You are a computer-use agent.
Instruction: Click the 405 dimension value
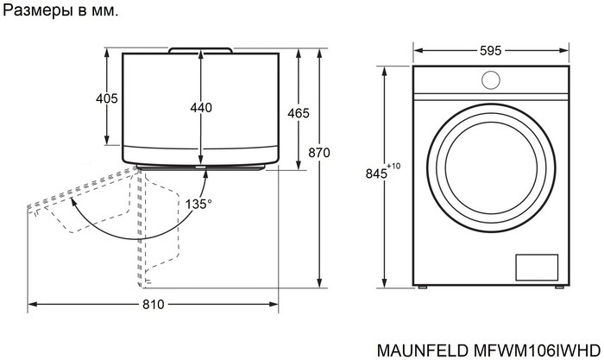click(x=106, y=99)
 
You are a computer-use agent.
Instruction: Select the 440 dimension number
click(x=200, y=108)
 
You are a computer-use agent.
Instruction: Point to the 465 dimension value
click(x=299, y=114)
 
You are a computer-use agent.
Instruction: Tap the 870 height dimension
click(x=319, y=153)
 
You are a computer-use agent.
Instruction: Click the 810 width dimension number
click(x=153, y=305)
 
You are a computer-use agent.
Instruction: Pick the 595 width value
click(x=490, y=50)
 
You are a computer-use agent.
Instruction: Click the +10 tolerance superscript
click(x=394, y=166)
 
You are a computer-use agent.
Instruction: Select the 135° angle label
click(x=198, y=204)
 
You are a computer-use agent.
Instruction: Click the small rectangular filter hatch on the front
click(x=537, y=268)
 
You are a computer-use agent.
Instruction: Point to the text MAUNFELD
click(x=421, y=350)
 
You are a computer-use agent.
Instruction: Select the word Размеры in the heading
click(x=34, y=12)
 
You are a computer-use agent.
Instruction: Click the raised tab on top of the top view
click(x=200, y=49)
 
